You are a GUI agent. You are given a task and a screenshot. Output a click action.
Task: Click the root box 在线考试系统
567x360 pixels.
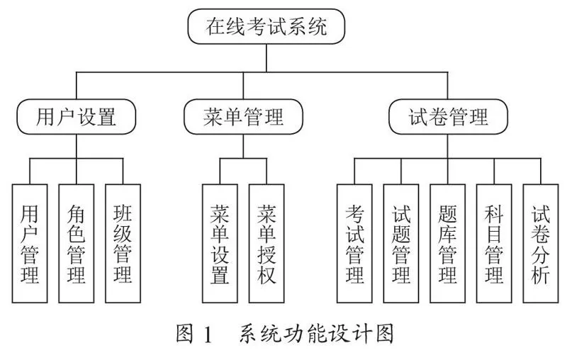coord(266,27)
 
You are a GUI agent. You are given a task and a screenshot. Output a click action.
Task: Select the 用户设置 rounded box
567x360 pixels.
coord(77,117)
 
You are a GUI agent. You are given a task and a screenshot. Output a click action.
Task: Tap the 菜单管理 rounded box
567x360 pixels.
coord(243,117)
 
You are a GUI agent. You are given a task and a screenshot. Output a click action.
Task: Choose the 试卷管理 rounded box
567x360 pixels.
coord(448,117)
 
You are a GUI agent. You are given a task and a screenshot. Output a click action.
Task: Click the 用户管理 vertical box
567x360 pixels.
coord(30,243)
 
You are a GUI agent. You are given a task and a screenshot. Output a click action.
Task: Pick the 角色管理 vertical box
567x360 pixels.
coord(77,243)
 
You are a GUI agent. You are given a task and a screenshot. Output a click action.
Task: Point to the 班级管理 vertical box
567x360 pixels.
coord(123,243)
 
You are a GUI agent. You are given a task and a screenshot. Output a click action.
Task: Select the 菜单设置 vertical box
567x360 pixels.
coord(220,243)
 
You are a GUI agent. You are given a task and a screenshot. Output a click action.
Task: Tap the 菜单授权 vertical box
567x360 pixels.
coord(266,243)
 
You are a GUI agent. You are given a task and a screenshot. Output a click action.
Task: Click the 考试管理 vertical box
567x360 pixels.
coord(354,243)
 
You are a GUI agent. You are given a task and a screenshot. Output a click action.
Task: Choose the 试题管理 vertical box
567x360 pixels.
coord(401,243)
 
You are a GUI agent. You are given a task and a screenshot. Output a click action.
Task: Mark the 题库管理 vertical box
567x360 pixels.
coord(448,243)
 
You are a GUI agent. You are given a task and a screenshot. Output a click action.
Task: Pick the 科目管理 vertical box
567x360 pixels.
coord(494,243)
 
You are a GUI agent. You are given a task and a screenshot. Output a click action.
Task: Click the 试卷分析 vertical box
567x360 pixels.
coord(541,243)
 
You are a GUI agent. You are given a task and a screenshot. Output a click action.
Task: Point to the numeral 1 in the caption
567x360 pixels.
coord(208,334)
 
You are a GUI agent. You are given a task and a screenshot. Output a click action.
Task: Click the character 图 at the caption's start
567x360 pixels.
coord(185,333)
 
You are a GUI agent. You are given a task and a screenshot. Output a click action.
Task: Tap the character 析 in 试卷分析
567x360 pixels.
coord(541,274)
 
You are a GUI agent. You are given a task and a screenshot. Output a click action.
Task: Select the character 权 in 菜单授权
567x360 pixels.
coord(266,274)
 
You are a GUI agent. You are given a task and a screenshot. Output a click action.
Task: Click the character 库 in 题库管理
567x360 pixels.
coord(448,234)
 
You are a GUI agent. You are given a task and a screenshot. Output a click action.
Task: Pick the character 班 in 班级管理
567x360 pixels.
coord(123,213)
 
